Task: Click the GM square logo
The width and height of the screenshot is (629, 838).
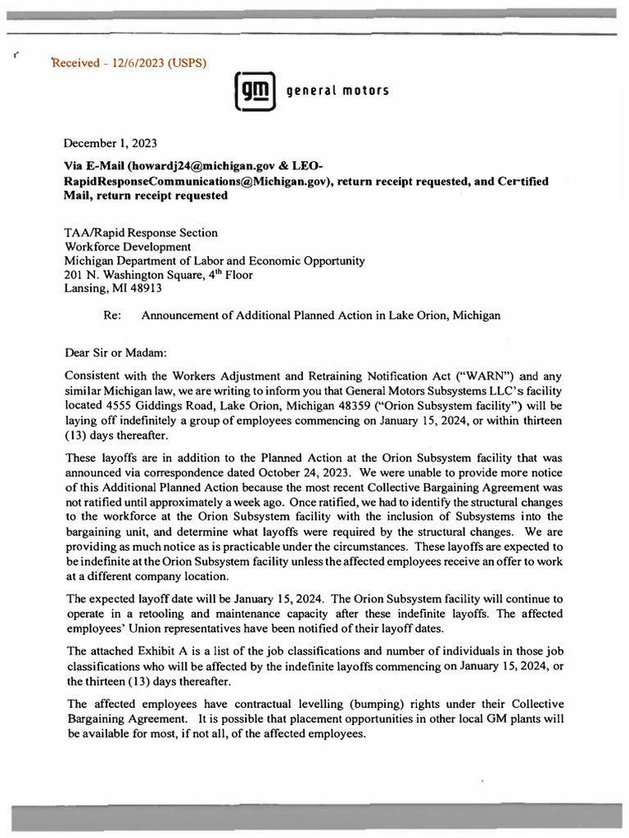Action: [x=254, y=90]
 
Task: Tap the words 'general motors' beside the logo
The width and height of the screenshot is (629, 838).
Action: [x=337, y=90]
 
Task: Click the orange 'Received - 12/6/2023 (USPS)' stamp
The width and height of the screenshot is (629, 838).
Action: [x=129, y=63]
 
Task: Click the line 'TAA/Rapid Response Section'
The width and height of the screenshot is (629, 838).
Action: [x=141, y=232]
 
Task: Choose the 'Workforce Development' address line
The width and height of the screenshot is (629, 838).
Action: [x=128, y=246]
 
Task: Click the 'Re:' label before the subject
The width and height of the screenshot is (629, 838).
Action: [x=112, y=315]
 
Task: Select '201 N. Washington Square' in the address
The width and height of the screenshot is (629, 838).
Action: [x=136, y=274]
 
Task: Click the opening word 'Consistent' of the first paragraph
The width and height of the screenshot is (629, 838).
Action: [x=95, y=376]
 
